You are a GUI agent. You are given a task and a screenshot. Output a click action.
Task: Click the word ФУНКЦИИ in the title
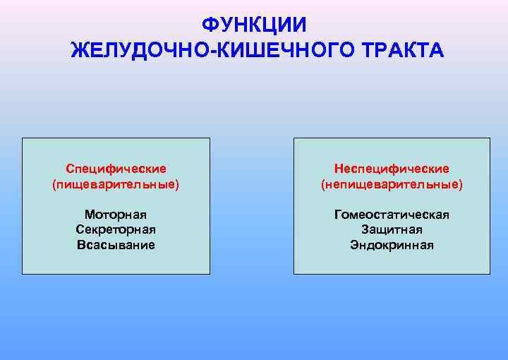pos(254,25)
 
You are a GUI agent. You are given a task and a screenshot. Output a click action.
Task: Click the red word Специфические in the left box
pos(116,169)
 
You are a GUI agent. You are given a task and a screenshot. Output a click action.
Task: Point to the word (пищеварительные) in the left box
pos(116,184)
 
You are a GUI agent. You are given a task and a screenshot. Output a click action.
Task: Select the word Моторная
pos(116,214)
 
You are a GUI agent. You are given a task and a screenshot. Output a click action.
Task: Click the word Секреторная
pos(116,229)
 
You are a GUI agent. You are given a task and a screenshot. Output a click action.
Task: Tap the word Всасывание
pos(116,245)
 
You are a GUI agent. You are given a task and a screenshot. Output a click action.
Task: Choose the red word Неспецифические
pos(392,169)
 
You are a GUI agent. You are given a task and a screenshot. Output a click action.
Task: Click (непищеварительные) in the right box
pos(392,184)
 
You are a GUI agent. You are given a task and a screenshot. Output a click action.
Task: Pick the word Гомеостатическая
pos(392,215)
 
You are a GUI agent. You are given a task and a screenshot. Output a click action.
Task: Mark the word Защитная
pos(392,229)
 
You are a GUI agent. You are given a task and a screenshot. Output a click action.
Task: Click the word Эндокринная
pos(392,245)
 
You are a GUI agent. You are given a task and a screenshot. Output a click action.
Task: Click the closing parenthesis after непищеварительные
pos(461,185)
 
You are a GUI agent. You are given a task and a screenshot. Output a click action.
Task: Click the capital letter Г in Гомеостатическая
pos(338,215)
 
